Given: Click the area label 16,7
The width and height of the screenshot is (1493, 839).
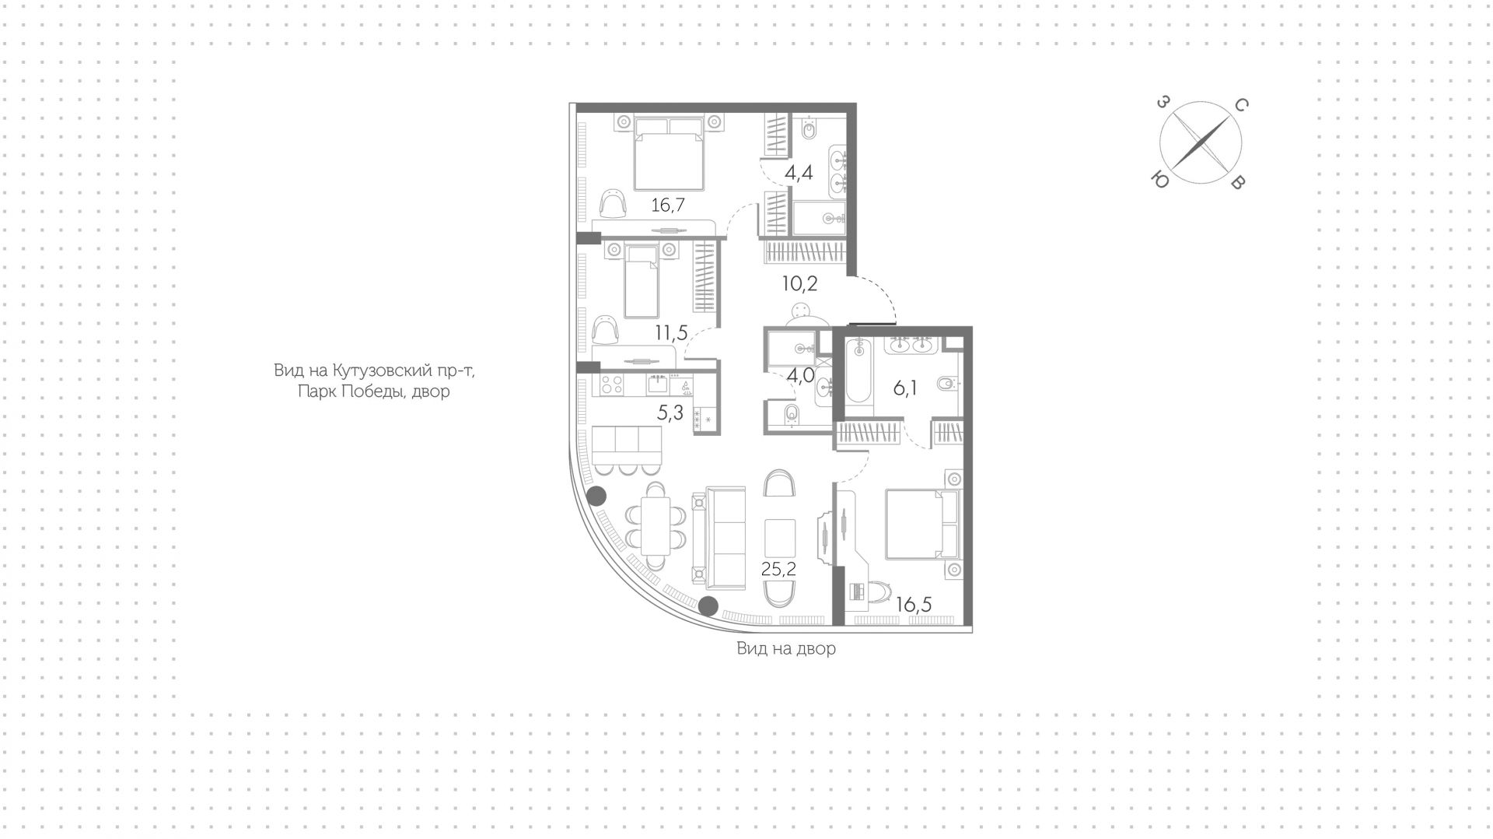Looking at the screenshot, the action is [673, 205].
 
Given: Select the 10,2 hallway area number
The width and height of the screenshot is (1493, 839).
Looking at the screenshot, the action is [799, 283].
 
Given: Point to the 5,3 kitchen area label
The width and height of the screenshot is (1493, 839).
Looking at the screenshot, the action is [670, 413].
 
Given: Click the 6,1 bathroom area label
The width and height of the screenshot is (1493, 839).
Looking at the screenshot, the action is [904, 388].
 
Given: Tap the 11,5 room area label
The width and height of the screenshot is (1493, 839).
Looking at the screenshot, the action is [671, 334].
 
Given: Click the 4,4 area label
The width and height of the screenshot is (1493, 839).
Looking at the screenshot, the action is [799, 173].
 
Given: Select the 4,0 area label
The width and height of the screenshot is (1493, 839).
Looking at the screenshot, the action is [801, 376].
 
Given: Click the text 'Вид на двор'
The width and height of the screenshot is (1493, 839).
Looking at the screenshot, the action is [786, 648].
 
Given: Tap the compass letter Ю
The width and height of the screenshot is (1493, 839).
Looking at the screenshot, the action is [1159, 179].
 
